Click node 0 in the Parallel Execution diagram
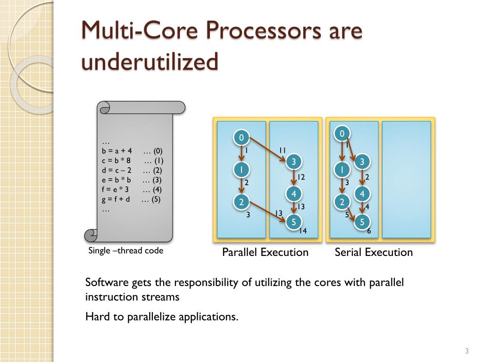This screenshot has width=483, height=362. click(241, 138)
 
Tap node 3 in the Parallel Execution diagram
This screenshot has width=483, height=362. click(293, 162)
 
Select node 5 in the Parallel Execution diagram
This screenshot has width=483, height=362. click(293, 222)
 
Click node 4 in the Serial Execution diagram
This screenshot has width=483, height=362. click(362, 194)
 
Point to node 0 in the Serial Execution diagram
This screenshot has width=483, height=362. click(342, 133)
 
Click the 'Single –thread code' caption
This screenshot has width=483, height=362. click(126, 251)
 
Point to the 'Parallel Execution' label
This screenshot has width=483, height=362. click(265, 252)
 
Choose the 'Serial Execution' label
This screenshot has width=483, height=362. click(374, 252)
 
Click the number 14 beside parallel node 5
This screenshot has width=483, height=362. click(303, 230)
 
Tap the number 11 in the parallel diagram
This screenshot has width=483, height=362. click(283, 150)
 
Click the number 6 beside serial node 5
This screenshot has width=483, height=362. click(369, 231)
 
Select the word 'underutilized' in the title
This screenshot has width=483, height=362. click(150, 62)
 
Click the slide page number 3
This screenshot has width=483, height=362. click(466, 351)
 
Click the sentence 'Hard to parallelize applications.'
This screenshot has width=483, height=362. click(162, 316)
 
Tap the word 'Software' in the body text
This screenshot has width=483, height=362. click(107, 282)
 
